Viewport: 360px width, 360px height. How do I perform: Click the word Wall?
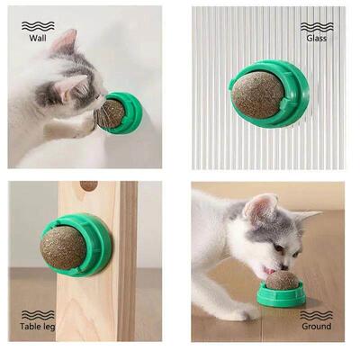(x=37, y=39)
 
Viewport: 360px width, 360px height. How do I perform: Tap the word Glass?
(x=316, y=39)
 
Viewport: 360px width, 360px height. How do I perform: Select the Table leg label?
(x=37, y=327)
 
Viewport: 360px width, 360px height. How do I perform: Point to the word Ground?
(x=316, y=327)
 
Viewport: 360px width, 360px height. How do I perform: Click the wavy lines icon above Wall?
(x=37, y=25)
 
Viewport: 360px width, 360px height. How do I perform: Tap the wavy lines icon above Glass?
(x=316, y=26)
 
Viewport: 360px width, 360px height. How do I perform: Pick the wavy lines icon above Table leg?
(x=37, y=314)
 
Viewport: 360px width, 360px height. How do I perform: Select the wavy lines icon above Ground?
(x=316, y=314)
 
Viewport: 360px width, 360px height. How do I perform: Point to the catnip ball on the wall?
(x=111, y=113)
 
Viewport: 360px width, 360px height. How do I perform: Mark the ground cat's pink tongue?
(x=266, y=271)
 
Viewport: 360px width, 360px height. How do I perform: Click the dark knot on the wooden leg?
(x=88, y=186)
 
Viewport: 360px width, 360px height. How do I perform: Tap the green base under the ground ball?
(x=283, y=297)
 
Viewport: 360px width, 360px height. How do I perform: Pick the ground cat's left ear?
(x=260, y=208)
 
